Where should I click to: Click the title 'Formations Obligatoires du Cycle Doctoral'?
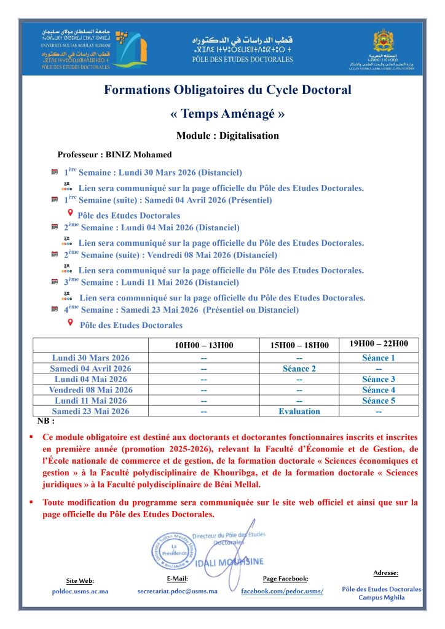coord(227,90)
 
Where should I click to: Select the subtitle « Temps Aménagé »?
coord(227,114)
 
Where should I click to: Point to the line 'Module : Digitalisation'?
coord(227,136)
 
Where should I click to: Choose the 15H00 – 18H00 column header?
coord(299,345)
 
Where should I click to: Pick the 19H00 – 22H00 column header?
coord(379,344)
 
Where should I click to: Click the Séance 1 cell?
coord(379,357)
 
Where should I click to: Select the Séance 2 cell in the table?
coord(299,369)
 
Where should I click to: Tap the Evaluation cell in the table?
coord(299,411)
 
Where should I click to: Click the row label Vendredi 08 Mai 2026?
coord(91,389)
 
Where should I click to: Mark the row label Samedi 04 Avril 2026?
coord(91,369)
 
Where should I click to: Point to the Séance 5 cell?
coord(379,400)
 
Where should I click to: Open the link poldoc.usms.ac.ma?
coord(80,591)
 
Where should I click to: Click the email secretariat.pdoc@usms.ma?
coord(177,591)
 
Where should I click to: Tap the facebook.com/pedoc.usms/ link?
coord(282,591)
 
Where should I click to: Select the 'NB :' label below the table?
coord(46,421)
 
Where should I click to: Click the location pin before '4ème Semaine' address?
coord(70,323)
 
